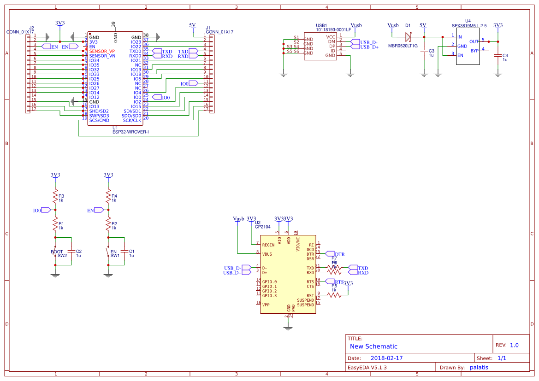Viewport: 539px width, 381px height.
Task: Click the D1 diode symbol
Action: coord(408,36)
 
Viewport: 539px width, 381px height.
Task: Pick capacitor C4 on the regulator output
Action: coord(498,55)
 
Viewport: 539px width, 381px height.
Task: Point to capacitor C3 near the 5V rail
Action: coord(424,51)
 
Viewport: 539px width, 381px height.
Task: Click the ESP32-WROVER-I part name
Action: coord(130,132)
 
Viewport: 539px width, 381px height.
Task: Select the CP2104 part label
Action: coord(262,227)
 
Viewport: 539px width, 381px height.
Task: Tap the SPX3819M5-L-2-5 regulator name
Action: coord(469,26)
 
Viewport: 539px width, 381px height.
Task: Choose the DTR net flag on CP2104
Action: coord(339,254)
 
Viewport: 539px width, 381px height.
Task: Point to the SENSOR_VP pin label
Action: coord(102,51)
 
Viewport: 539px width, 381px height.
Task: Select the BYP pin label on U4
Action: coord(474,51)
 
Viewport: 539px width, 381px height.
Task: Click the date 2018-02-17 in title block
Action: coord(386,358)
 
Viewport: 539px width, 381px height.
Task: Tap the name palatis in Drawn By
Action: coord(479,367)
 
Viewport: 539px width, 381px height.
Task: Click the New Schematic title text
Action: coord(373,346)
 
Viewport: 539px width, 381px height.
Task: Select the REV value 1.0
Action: coord(514,345)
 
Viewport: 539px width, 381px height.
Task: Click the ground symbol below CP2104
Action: coord(289,328)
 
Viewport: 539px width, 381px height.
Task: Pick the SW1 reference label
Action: coord(115,255)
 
